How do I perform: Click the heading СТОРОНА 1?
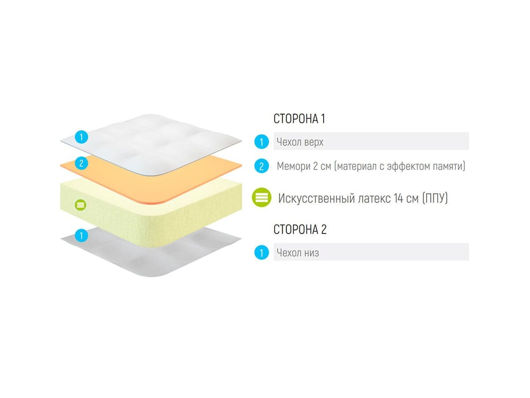pyautogui.click(x=299, y=119)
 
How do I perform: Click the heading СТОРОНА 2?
pyautogui.click(x=300, y=230)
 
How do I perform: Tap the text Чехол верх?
pyautogui.click(x=300, y=142)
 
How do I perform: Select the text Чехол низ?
pyautogui.click(x=298, y=253)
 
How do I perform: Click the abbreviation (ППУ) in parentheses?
pyautogui.click(x=435, y=198)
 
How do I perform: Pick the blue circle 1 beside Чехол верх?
pyautogui.click(x=261, y=142)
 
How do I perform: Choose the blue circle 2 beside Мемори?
pyautogui.click(x=261, y=166)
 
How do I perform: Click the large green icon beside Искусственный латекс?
pyautogui.click(x=262, y=198)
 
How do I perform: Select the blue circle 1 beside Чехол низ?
pyautogui.click(x=261, y=253)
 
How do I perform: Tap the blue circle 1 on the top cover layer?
pyautogui.click(x=81, y=137)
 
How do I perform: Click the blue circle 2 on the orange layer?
pyautogui.click(x=81, y=163)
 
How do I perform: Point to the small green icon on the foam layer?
pyautogui.click(x=80, y=205)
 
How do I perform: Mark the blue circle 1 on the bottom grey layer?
pyautogui.click(x=81, y=235)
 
